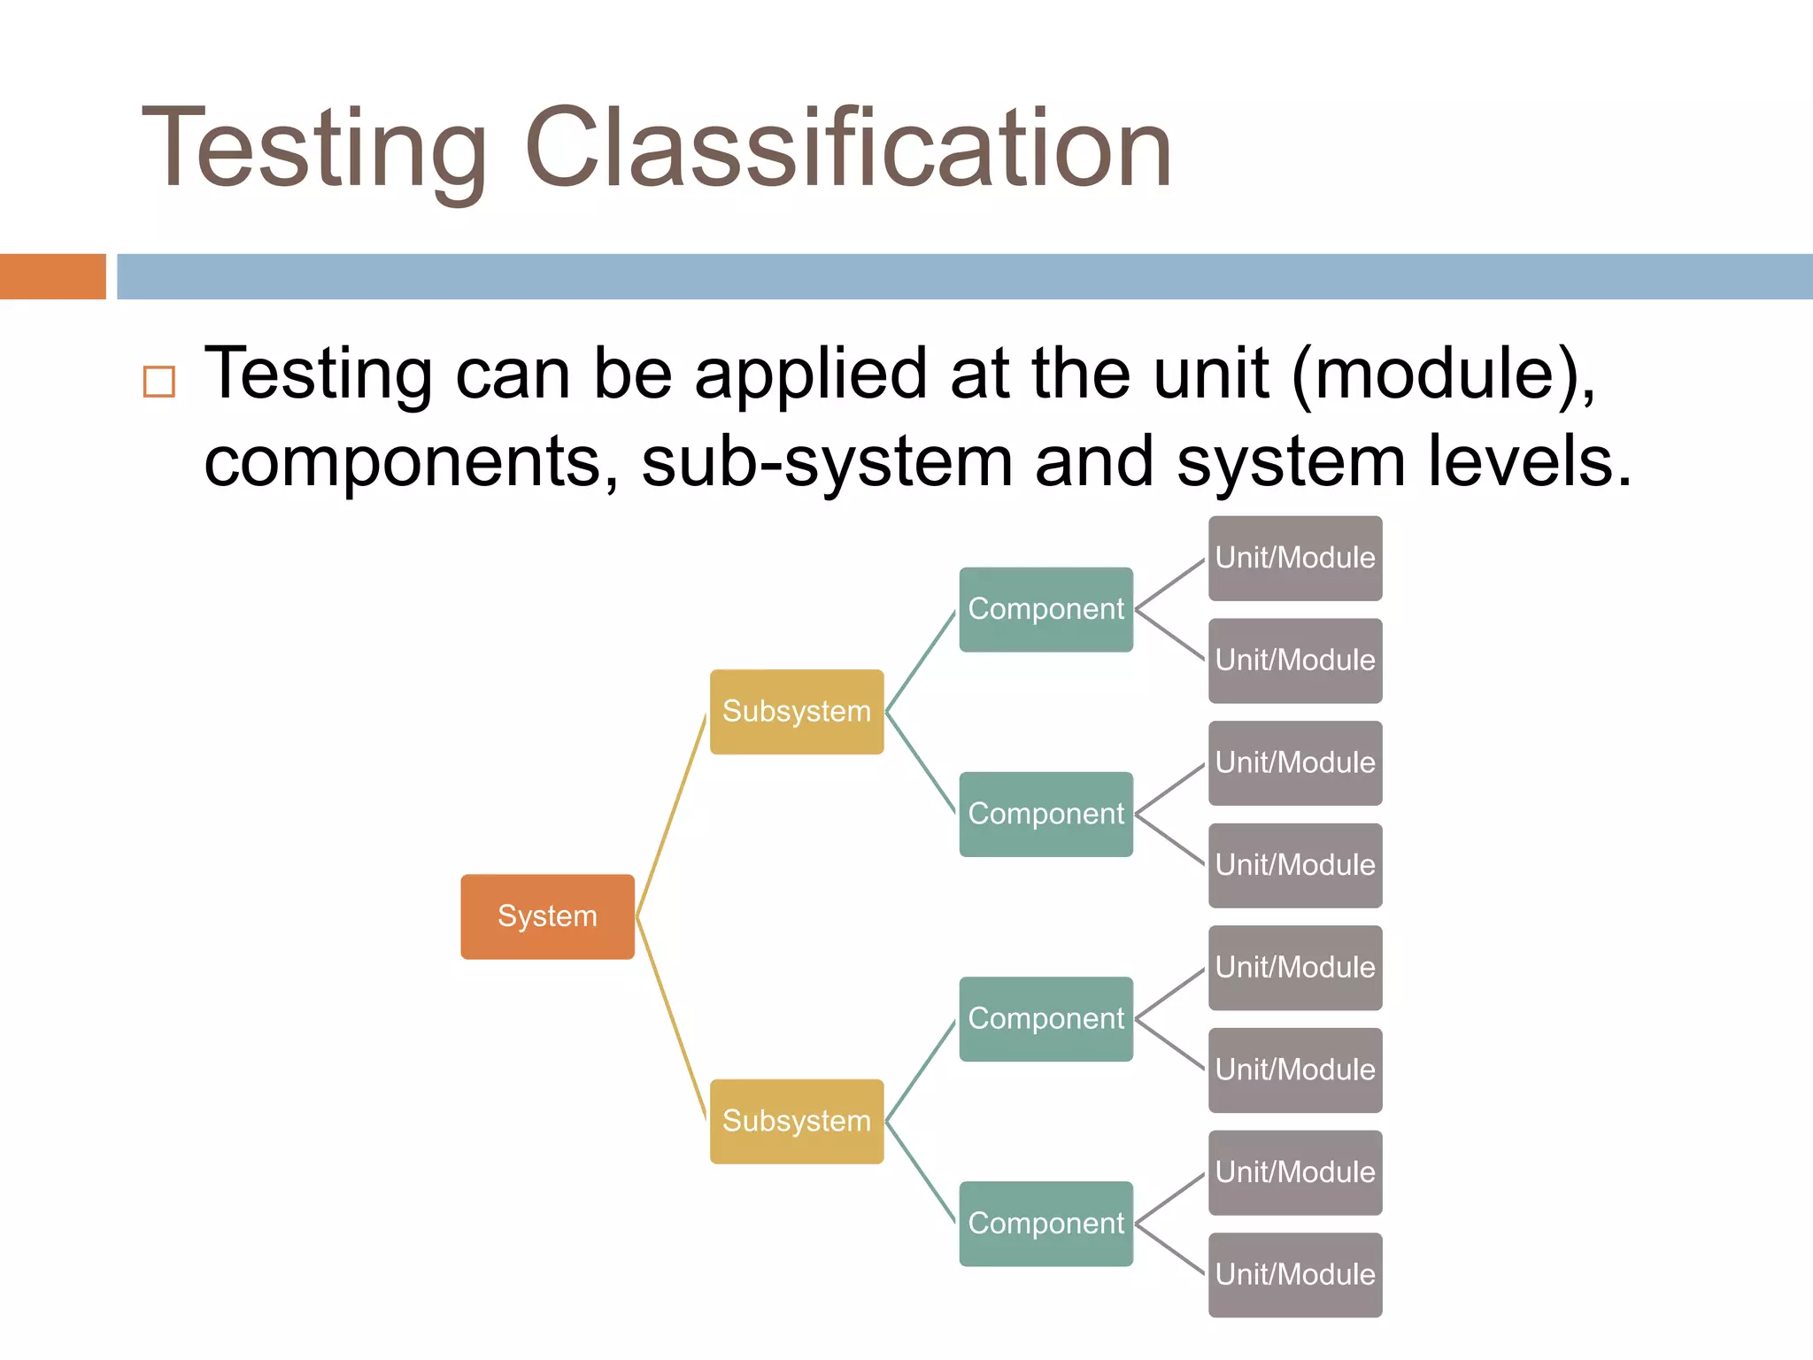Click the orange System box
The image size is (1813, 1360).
(547, 916)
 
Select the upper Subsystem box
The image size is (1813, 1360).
(797, 712)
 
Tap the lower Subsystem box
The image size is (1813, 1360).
(797, 1121)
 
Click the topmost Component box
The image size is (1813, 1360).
(1045, 609)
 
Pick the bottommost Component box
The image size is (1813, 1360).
(1045, 1224)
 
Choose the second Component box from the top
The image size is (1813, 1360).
(1045, 814)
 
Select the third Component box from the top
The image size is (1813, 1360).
(1045, 1018)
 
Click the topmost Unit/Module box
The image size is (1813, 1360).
(1295, 558)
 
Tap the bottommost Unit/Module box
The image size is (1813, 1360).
(1295, 1274)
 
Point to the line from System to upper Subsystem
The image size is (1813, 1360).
(672, 815)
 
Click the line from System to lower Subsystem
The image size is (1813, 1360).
(672, 1018)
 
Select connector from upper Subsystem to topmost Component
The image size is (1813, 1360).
(922, 661)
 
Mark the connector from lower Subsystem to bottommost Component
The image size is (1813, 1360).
(922, 1172)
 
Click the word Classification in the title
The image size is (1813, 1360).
(848, 149)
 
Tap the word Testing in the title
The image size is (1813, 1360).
(314, 149)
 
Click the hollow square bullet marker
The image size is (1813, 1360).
(159, 382)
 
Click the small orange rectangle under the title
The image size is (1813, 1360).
(52, 276)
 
